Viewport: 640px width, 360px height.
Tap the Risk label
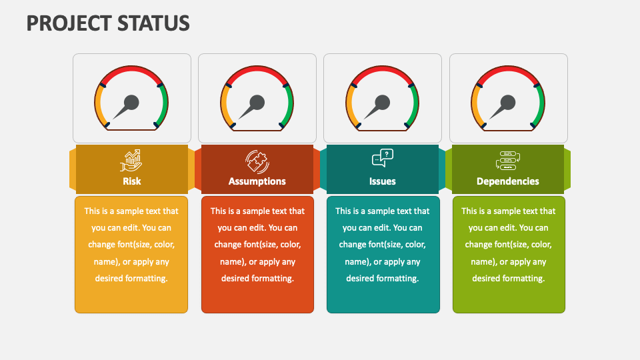coord(132,181)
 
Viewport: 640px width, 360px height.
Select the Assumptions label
coord(257,181)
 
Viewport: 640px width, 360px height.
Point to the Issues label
coord(383,181)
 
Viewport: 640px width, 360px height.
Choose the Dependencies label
coord(508,181)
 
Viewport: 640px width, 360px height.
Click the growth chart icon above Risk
coord(131,159)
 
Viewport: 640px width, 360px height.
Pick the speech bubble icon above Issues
coord(383,159)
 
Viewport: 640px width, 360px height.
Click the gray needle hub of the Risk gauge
coord(132,102)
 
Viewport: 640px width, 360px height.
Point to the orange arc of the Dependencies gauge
coord(475,104)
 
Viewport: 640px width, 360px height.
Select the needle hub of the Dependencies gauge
coord(509,102)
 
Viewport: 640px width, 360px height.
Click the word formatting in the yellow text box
coord(147,278)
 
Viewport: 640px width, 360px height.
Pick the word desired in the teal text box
coord(360,278)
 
